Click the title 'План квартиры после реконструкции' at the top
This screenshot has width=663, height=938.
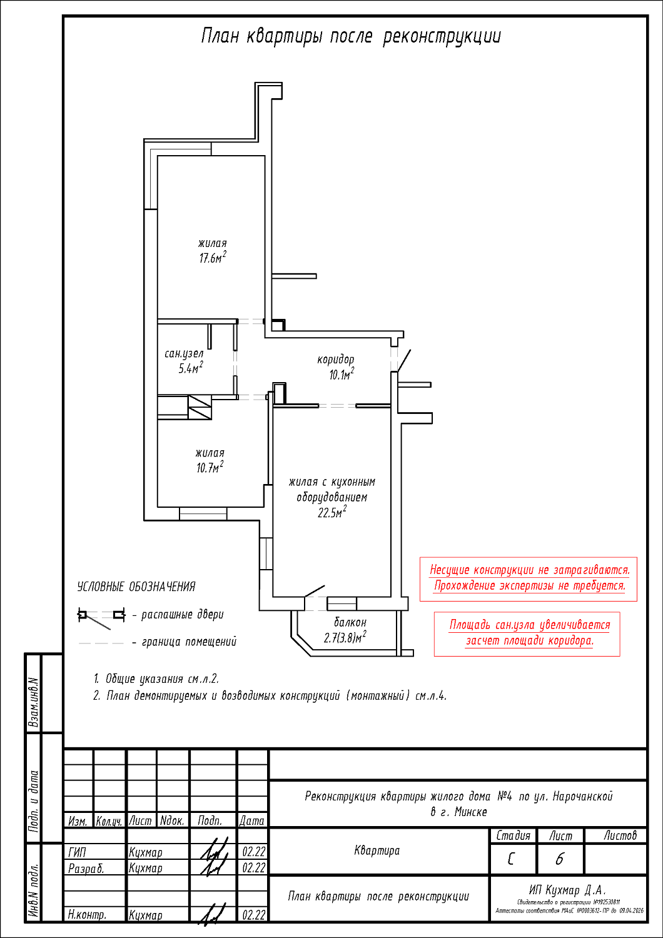tap(351, 36)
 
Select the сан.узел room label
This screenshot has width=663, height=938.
tap(184, 353)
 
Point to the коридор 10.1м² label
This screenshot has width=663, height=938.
tap(336, 367)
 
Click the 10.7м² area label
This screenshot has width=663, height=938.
tap(210, 468)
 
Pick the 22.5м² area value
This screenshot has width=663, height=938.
tap(332, 513)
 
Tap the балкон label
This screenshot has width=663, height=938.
tap(350, 622)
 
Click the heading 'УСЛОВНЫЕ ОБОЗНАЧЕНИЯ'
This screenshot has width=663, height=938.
tap(136, 587)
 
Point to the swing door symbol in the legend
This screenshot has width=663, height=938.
tap(100, 616)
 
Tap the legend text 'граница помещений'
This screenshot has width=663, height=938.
tap(189, 642)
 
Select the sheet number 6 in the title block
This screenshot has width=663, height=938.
tap(559, 860)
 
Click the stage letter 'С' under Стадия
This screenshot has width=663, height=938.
tap(512, 860)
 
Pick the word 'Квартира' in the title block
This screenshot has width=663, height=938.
tap(377, 850)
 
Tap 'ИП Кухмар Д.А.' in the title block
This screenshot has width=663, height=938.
tap(568, 890)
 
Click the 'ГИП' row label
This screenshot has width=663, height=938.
tap(78, 852)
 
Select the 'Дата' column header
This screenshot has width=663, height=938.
tap(252, 820)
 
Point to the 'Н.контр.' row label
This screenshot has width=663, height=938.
tap(87, 915)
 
